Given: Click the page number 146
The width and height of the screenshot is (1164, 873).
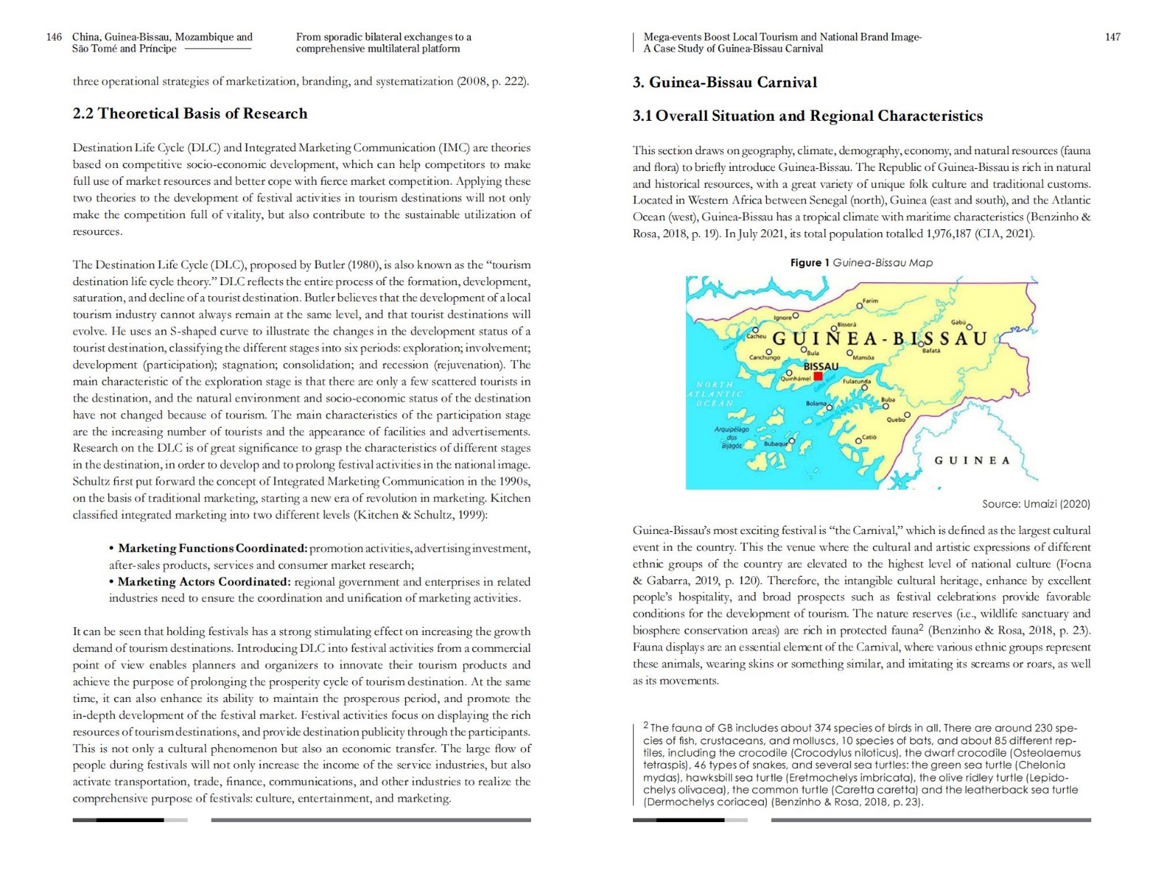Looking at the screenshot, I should [x=54, y=37].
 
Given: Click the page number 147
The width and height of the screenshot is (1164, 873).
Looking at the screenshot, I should [x=1112, y=37].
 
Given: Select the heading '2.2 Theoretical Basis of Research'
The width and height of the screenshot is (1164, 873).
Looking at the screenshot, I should [x=190, y=113].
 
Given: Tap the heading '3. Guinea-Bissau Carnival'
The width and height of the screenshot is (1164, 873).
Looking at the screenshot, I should [x=725, y=82].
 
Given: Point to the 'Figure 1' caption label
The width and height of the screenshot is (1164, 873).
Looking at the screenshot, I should [x=810, y=263].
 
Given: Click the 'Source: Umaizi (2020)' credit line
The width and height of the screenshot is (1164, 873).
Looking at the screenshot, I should [x=1036, y=503].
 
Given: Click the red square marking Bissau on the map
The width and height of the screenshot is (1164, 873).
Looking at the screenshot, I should [x=818, y=376].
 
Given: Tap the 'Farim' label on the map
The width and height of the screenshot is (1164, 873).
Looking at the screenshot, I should [x=870, y=301].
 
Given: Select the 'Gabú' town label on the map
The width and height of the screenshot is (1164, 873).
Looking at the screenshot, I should [x=958, y=322].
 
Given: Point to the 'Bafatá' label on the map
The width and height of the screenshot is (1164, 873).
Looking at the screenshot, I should [x=931, y=351].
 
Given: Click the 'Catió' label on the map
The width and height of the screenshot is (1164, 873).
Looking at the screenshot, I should [x=869, y=437].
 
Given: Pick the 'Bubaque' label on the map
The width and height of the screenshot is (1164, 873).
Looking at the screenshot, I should [x=775, y=443].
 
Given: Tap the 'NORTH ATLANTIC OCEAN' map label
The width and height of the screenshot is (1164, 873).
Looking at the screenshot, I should [x=714, y=394].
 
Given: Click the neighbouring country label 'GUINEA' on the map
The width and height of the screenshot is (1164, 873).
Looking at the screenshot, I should [x=972, y=461].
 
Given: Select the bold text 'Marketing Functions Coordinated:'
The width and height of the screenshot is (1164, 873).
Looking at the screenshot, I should [x=212, y=549].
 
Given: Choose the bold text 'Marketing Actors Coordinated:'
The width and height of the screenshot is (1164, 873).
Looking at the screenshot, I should [x=204, y=582].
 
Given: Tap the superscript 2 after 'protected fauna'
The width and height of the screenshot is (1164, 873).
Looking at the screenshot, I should [x=920, y=628].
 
